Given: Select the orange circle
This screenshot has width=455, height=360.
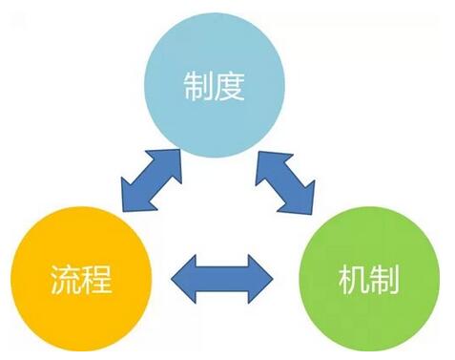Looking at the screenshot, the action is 82,282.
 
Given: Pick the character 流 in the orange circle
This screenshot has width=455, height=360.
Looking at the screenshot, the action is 65,283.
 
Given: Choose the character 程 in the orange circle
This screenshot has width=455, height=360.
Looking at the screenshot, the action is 98,283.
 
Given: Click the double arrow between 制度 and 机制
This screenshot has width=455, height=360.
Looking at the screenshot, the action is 284,180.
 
